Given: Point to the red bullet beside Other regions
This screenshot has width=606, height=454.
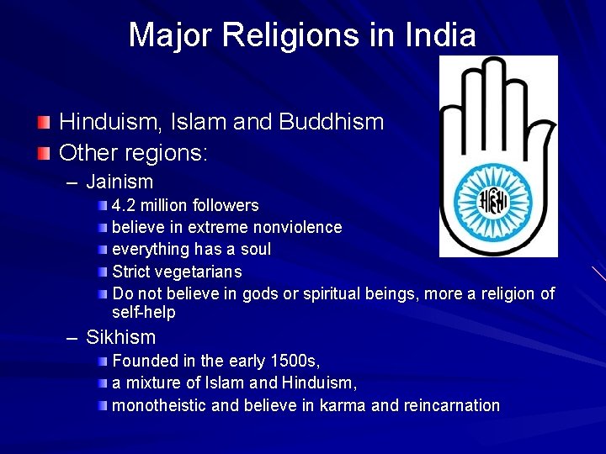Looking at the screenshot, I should pyautogui.click(x=43, y=155).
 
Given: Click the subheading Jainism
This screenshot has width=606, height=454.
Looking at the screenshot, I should pyautogui.click(x=120, y=182).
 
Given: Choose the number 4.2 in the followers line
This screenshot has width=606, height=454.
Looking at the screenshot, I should pyautogui.click(x=125, y=205).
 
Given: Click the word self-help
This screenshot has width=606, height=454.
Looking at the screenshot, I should pyautogui.click(x=144, y=313).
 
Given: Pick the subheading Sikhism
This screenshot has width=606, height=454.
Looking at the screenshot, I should pyautogui.click(x=120, y=338).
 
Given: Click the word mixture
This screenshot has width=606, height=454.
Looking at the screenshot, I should pyautogui.click(x=154, y=383).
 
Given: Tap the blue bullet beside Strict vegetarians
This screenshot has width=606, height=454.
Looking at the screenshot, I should pyautogui.click(x=102, y=272).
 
